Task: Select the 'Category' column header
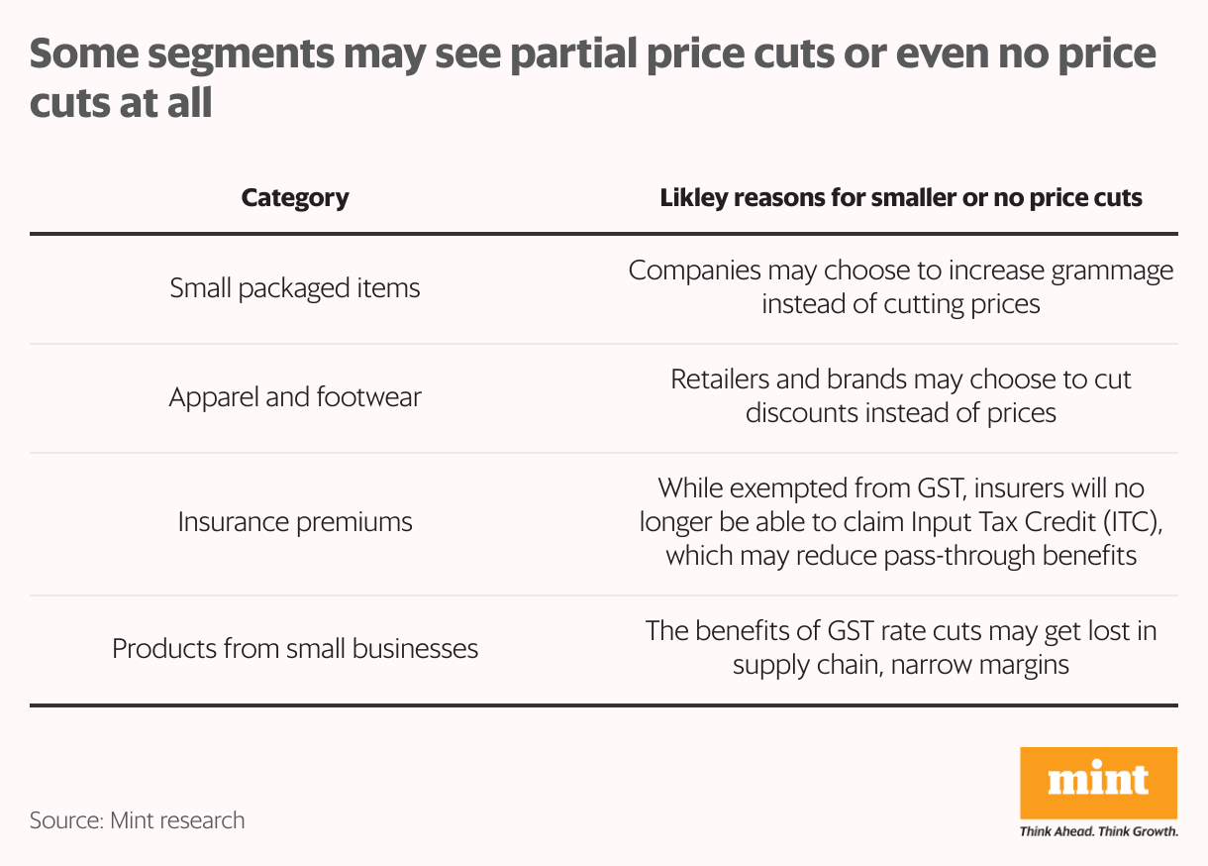point(295,197)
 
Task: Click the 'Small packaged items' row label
point(295,288)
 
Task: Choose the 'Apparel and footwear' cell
point(295,397)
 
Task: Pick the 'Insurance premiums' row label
point(295,522)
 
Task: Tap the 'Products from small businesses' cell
point(295,649)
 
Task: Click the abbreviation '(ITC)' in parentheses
point(1130,522)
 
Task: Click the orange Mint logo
point(1098,783)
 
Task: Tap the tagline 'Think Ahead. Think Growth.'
point(1098,831)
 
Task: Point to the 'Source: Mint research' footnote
point(137,820)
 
